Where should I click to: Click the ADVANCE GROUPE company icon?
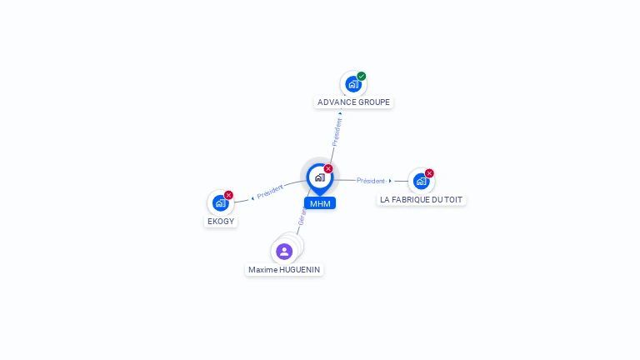click(353, 84)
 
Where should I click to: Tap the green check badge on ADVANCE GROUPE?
click(362, 76)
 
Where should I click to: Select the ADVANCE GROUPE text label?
click(353, 102)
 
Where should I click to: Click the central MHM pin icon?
click(319, 177)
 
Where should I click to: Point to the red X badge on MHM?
click(328, 169)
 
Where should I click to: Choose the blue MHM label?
click(320, 203)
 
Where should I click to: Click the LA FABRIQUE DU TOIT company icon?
click(421, 181)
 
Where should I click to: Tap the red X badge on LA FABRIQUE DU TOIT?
click(429, 173)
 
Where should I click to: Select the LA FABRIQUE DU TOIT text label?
click(421, 200)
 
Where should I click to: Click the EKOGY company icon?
click(220, 202)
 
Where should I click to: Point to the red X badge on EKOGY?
click(228, 195)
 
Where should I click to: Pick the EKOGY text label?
click(221, 222)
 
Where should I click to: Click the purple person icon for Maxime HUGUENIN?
click(284, 251)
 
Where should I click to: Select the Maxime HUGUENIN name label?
click(284, 270)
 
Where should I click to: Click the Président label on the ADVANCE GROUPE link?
click(337, 132)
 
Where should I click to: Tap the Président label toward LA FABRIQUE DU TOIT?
click(371, 181)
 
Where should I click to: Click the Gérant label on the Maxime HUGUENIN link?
click(302, 217)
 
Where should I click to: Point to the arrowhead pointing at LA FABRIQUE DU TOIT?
click(390, 181)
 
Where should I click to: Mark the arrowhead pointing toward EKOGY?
click(252, 198)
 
